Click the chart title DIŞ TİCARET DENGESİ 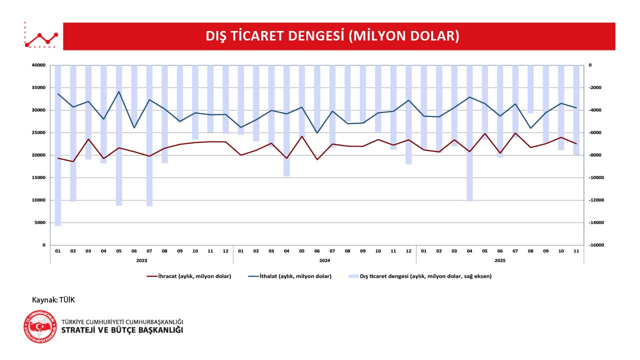(332, 36)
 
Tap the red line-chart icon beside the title (41, 36)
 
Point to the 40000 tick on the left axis (39, 65)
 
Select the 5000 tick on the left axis (40, 222)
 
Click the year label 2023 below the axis (141, 260)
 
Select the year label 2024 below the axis (324, 260)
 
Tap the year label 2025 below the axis (500, 260)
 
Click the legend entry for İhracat (189, 276)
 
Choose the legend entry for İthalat (289, 276)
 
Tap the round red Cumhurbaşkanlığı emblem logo (40, 326)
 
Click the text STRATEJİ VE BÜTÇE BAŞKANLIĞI (122, 330)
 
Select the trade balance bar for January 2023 (58, 145)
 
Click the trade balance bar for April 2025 (470, 132)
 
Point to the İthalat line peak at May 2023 (119, 91)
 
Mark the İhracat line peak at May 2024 (302, 136)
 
